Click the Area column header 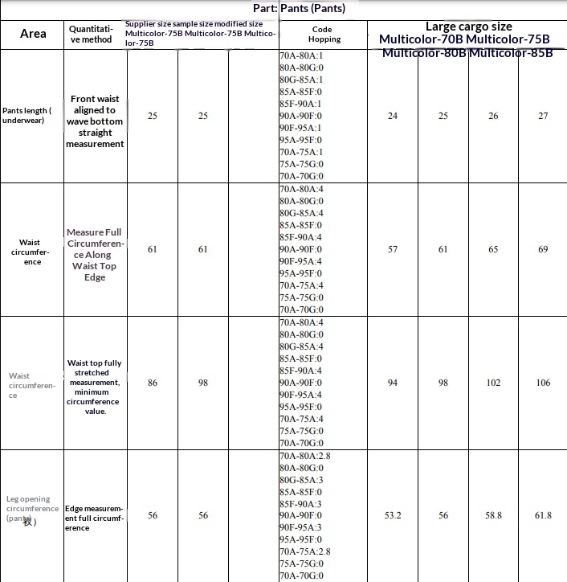33,34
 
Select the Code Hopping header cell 324,34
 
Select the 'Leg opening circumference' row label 32,509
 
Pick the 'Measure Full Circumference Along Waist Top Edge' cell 95,255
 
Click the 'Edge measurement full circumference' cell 93,518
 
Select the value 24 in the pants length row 393,117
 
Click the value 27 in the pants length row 543,117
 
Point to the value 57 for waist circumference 393,250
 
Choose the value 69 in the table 543,250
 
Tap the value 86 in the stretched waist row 153,383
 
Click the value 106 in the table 543,383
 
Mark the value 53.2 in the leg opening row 393,516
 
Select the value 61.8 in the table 543,516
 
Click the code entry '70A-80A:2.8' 305,456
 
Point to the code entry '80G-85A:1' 301,80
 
